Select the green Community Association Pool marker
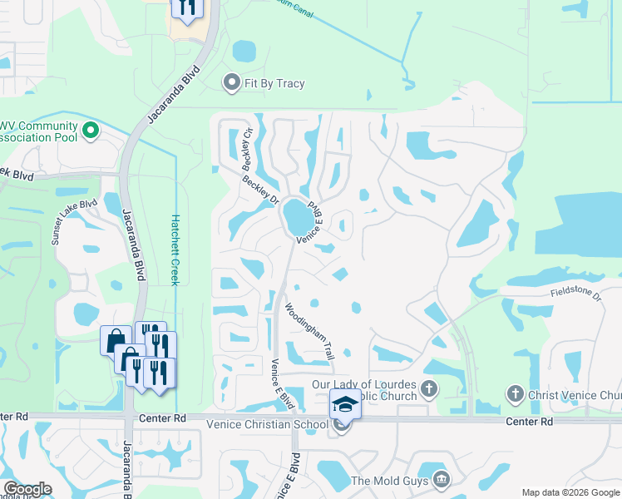(x=91, y=131)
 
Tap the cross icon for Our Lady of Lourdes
(x=428, y=388)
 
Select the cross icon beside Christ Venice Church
(x=515, y=393)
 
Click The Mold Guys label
(x=389, y=481)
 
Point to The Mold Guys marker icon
(x=442, y=480)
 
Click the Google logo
(x=27, y=489)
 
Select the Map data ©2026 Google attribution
(x=570, y=492)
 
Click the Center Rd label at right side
(x=530, y=422)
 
